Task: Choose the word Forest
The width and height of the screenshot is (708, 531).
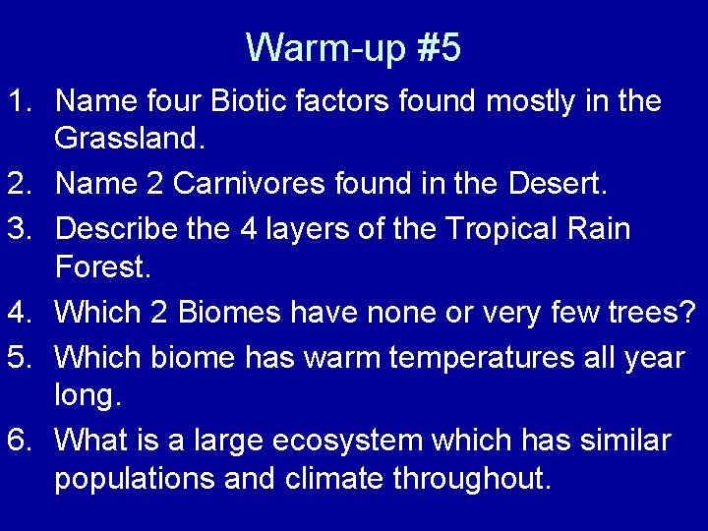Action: pos(101,266)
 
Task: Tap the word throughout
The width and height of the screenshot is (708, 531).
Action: pos(473,480)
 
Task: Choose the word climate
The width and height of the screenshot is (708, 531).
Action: pos(333,480)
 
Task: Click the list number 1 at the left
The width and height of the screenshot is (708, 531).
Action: pos(22,101)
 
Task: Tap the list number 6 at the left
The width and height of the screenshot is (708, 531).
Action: pos(22,441)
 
